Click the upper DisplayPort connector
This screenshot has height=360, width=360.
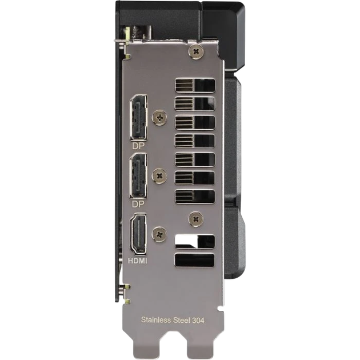click(x=139, y=118)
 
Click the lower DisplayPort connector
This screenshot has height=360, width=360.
click(x=138, y=176)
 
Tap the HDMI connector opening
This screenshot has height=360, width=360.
click(x=138, y=234)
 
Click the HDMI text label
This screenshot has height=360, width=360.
click(x=137, y=261)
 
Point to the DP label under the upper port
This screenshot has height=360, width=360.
click(x=138, y=146)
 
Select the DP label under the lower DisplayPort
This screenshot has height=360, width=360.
click(x=138, y=204)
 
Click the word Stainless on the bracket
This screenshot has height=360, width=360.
click(x=156, y=320)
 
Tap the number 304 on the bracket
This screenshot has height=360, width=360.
click(x=198, y=320)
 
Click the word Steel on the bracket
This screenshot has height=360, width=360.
click(x=181, y=320)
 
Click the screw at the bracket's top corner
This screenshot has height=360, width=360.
click(x=196, y=51)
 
